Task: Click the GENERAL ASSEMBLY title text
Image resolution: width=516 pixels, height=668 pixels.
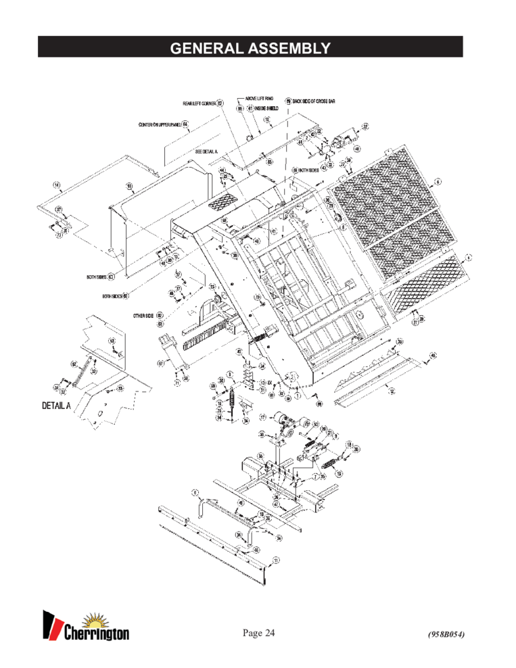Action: click(x=250, y=48)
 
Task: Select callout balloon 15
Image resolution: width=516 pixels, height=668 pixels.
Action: click(x=130, y=186)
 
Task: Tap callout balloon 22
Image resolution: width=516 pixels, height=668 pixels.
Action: click(x=365, y=126)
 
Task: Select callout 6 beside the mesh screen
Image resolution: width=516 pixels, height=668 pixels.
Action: click(x=438, y=181)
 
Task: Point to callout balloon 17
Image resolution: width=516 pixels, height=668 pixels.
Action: click(x=264, y=417)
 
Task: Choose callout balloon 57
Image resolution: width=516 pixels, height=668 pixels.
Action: click(x=160, y=363)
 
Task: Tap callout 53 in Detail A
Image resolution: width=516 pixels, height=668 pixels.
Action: click(x=120, y=388)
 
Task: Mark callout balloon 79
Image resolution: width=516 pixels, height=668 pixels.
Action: click(x=256, y=297)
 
